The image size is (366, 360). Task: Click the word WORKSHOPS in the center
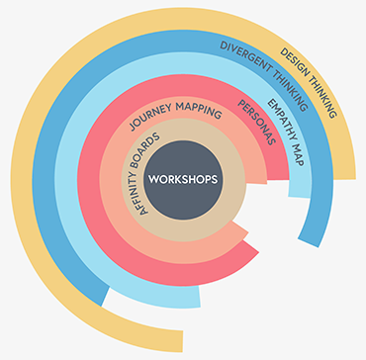click(x=181, y=179)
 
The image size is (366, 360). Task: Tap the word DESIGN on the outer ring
click(x=295, y=61)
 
